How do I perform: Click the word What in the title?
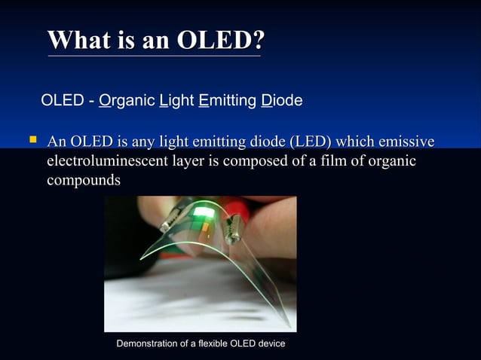(x=78, y=39)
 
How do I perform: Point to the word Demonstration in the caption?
(x=149, y=343)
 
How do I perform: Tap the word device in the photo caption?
(x=271, y=343)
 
